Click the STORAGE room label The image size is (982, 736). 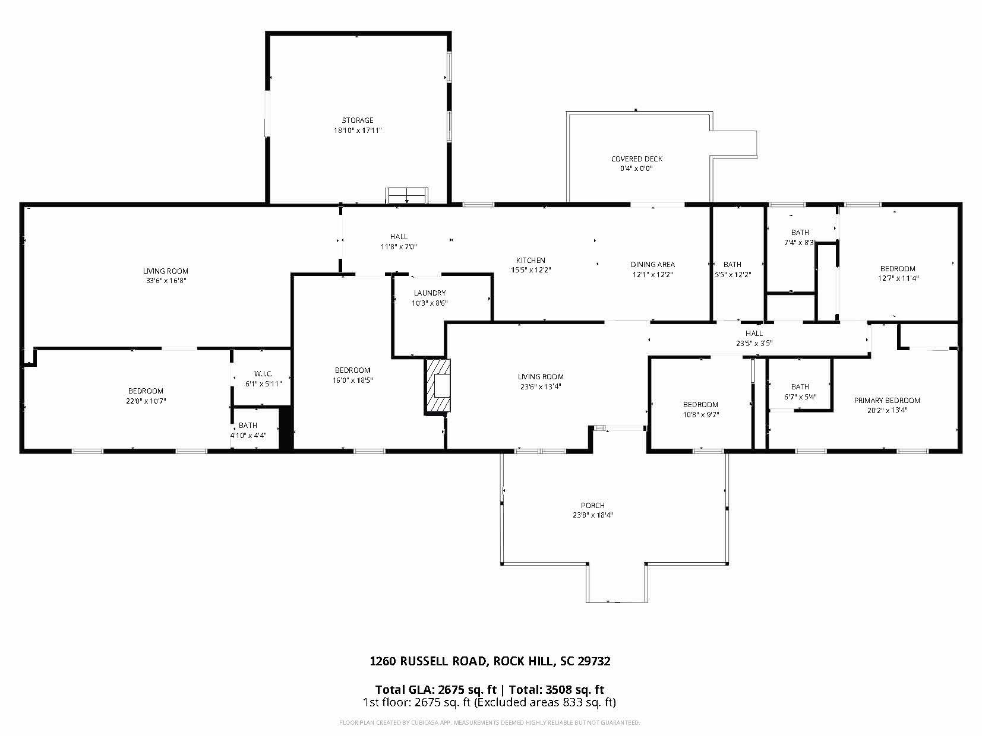[x=358, y=120]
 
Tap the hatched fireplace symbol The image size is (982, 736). [x=438, y=385]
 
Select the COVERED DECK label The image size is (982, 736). [x=637, y=158]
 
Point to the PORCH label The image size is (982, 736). [x=592, y=506]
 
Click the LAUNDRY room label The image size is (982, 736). [x=430, y=293]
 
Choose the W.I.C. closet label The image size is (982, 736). [x=263, y=373]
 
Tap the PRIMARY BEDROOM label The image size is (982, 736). [x=887, y=401]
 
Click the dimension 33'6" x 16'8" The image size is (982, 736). [x=166, y=281]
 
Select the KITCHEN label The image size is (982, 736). [x=531, y=260]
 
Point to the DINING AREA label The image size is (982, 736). [x=653, y=265]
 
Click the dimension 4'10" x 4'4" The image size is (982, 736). [x=248, y=435]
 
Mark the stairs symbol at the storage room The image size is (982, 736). [x=407, y=195]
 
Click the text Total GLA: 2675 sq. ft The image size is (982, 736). [x=435, y=689]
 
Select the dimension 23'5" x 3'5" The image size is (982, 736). [x=754, y=343]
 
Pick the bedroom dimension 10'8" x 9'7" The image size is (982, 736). [x=700, y=415]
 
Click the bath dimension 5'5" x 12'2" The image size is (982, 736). [x=732, y=274]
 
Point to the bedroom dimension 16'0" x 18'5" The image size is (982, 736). [x=352, y=380]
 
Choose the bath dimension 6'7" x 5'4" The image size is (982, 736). [x=800, y=397]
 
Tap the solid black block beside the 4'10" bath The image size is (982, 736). [x=286, y=428]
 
